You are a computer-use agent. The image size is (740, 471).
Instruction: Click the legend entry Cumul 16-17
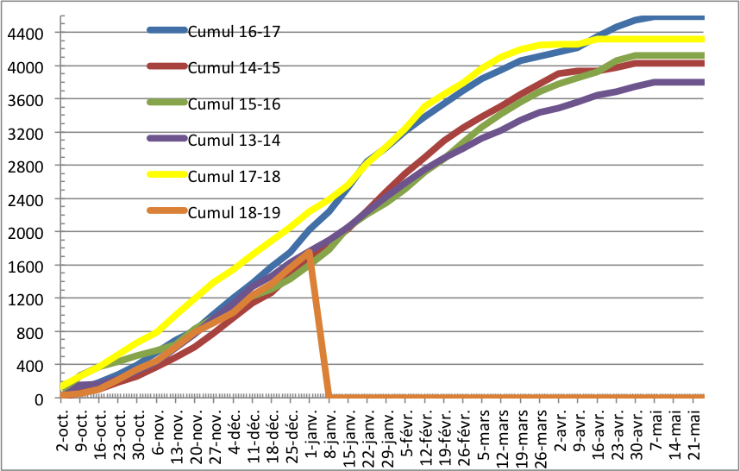[x=234, y=32]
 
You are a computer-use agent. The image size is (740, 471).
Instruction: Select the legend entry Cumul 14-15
[x=233, y=68]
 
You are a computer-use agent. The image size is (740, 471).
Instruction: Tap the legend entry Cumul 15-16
[x=233, y=104]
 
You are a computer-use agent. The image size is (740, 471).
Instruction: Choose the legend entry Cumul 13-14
[x=233, y=140]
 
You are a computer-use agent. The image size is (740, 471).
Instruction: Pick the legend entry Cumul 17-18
[x=233, y=176]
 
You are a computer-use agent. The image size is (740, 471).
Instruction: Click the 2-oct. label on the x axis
[x=64, y=428]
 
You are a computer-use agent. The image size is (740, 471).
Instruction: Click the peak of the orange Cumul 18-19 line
[x=310, y=252]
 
